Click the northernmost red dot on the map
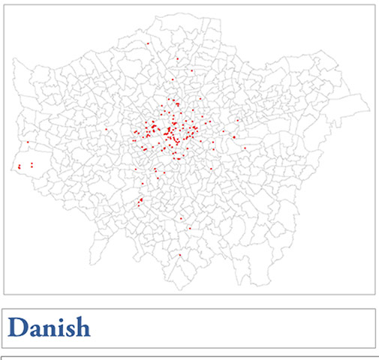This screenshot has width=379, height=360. point(149,43)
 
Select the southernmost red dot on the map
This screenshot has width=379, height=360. point(180,256)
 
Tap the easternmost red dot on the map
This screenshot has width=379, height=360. point(245,148)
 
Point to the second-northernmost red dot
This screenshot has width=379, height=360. point(177,58)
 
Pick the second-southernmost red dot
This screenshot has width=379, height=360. point(191,229)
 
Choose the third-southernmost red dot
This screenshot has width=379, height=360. point(182,218)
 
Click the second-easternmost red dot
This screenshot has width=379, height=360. point(238,120)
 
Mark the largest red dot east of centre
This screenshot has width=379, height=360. point(234,136)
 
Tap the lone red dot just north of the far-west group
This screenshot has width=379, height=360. point(28,142)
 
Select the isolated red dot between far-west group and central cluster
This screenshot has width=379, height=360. point(107,130)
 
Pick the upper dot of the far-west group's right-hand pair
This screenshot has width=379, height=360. point(32,163)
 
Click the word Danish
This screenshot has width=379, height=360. point(49,328)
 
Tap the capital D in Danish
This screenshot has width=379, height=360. point(19,328)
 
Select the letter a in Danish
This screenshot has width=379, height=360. point(37,331)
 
